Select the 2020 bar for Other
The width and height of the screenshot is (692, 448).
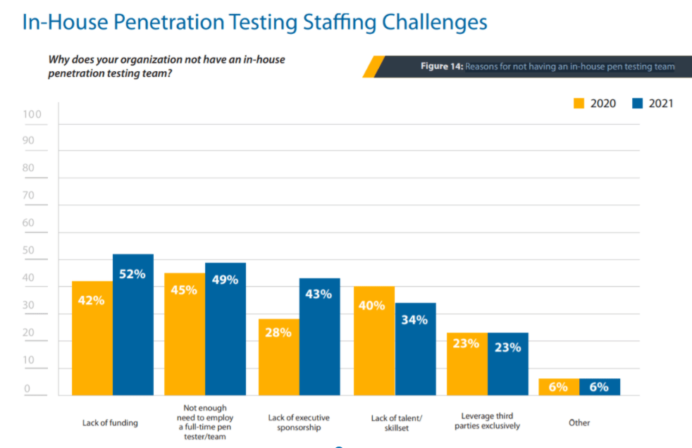pos(559,387)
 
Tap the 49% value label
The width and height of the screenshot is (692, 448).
pos(225,280)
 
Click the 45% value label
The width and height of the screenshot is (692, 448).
pos(184,289)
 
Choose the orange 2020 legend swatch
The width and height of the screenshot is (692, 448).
pos(579,104)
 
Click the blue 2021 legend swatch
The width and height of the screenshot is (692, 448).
pos(638,104)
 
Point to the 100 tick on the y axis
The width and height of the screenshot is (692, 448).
pos(32,114)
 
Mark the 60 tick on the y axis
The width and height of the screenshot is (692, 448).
pos(28,223)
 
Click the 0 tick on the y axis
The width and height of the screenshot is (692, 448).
pos(28,388)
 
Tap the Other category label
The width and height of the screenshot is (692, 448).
pos(579,423)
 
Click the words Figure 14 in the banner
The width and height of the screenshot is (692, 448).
pos(441,66)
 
